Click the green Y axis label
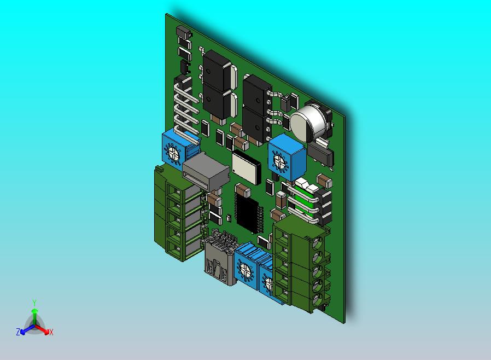(34, 303)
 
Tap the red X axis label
(51, 332)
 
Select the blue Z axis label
(18, 332)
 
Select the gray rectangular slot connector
(206, 172)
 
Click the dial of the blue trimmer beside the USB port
(244, 269)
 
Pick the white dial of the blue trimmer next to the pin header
(172, 153)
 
